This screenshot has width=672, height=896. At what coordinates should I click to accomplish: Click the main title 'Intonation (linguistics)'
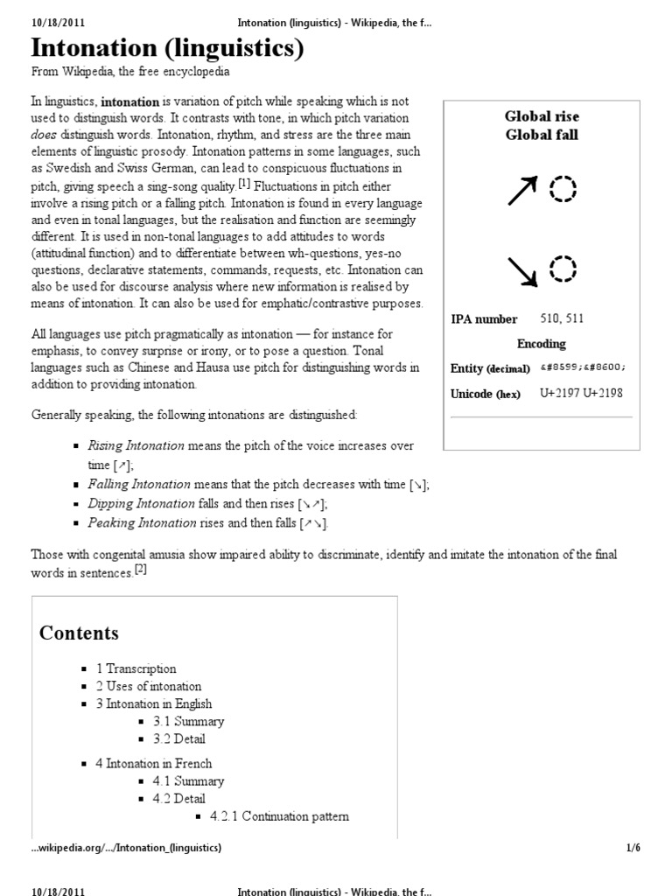click(x=167, y=49)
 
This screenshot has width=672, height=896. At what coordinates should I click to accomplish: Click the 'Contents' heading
click(x=79, y=633)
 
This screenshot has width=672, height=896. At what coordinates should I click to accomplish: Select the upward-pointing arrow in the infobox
click(x=522, y=190)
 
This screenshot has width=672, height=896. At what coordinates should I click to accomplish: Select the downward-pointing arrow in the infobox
click(x=522, y=271)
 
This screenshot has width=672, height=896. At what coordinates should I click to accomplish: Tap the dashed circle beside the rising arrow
click(x=563, y=188)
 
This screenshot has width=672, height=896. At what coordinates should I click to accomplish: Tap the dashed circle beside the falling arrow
click(x=563, y=269)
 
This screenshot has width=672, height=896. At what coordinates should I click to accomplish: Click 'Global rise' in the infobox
click(x=542, y=116)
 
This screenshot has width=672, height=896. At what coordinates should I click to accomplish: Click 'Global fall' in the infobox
click(x=542, y=135)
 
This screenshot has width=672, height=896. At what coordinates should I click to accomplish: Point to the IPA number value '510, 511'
click(x=562, y=318)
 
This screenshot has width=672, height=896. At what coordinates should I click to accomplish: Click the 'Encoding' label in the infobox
click(x=542, y=344)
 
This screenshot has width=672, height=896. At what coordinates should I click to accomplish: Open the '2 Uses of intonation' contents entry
click(x=148, y=686)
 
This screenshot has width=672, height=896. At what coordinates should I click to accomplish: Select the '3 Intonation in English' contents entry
click(x=153, y=703)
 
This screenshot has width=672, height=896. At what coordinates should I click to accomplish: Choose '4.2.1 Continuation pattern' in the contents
click(x=278, y=816)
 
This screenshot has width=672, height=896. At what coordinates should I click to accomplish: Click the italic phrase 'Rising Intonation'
click(x=136, y=445)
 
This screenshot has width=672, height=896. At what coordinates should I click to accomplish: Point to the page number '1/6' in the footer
click(x=634, y=848)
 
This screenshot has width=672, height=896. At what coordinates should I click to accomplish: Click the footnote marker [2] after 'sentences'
click(x=141, y=570)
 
